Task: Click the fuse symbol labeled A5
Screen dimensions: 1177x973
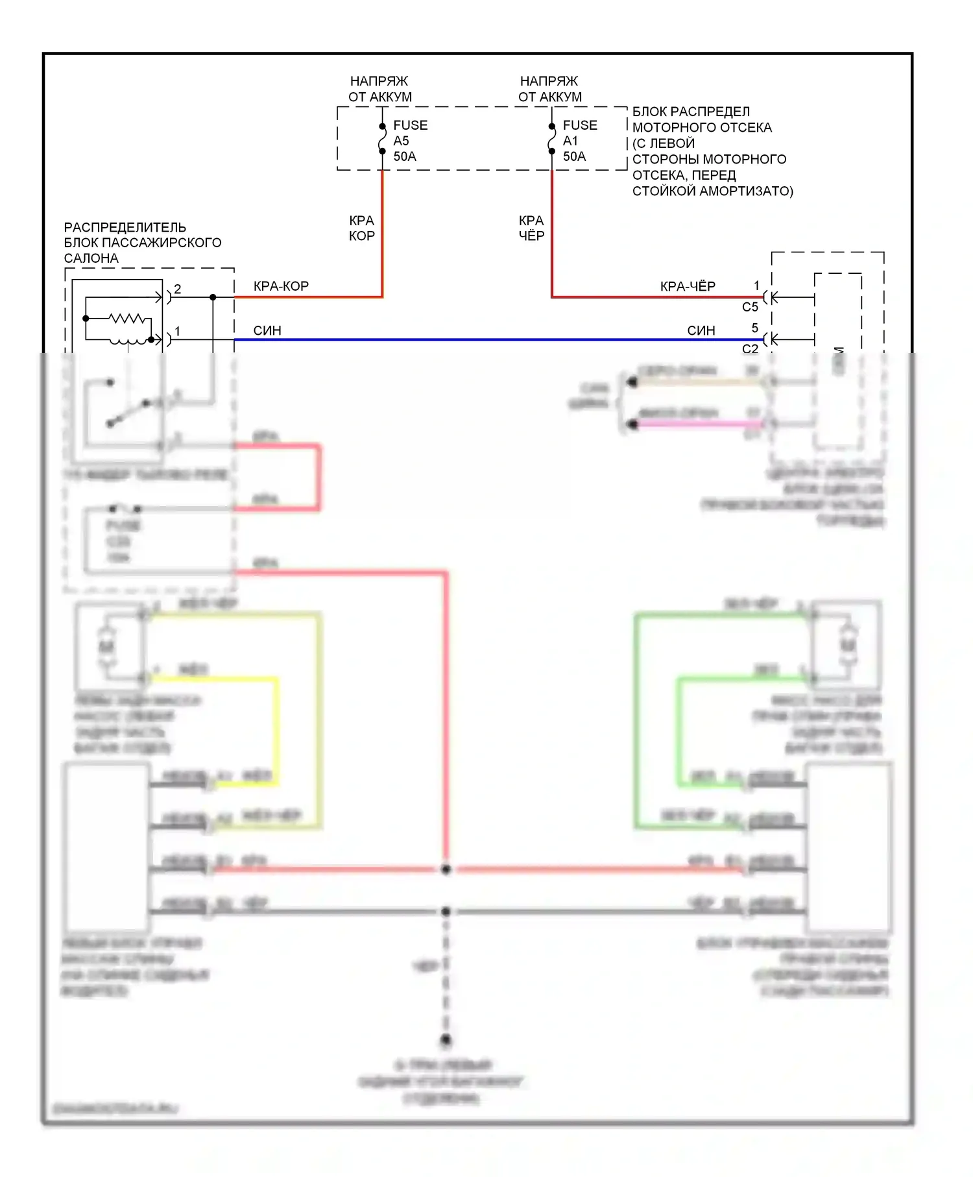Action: tap(382, 139)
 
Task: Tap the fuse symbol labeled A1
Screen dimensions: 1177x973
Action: tap(552, 139)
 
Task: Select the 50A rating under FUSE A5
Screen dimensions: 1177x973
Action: tap(405, 156)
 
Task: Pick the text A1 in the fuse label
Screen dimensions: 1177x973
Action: tap(570, 141)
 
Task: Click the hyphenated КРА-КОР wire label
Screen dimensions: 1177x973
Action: tap(281, 286)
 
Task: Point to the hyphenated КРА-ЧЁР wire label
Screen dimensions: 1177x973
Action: tap(688, 286)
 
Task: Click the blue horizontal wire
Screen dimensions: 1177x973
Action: tap(493, 339)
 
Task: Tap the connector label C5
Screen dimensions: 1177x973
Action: tap(750, 307)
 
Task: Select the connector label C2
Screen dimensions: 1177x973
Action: tap(750, 349)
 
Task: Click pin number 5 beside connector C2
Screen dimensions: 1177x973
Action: tap(754, 328)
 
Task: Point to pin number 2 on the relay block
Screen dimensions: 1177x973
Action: tap(178, 289)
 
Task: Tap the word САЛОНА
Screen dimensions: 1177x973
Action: tap(91, 258)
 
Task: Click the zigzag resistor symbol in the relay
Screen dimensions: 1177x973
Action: tap(127, 319)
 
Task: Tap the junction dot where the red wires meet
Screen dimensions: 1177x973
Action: tap(446, 869)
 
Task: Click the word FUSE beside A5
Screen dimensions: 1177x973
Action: tap(410, 125)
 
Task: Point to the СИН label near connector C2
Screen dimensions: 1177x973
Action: tap(701, 330)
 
